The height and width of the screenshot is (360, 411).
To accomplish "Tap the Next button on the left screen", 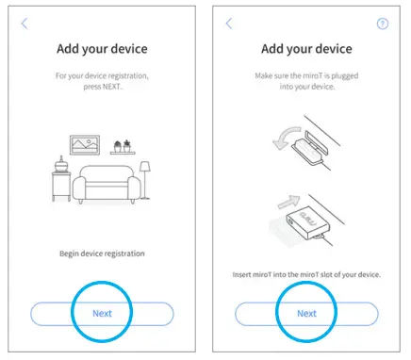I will click(x=101, y=313).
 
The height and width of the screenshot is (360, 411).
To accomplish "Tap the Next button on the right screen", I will click(x=306, y=313).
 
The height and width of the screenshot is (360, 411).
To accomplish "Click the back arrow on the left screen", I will click(x=25, y=23).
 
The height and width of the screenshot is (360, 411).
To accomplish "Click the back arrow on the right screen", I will click(x=230, y=23).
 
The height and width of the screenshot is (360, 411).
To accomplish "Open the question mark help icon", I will click(x=382, y=24).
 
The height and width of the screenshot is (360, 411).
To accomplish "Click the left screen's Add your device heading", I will click(x=101, y=48).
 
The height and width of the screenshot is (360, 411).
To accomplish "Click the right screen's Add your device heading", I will click(x=306, y=48).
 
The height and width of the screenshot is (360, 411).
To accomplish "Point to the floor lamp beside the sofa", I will click(x=144, y=179).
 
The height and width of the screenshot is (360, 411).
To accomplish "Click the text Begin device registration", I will click(x=101, y=254).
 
